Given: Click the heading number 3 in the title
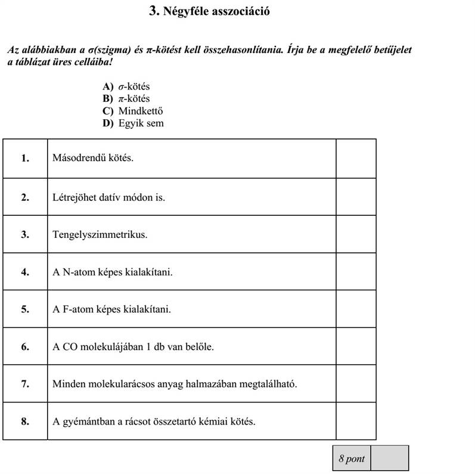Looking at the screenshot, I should pyautogui.click(x=153, y=11).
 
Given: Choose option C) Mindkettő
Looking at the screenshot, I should pyautogui.click(x=132, y=111).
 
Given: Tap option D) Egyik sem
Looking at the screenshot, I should pyautogui.click(x=132, y=123).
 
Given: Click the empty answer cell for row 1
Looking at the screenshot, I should pyautogui.click(x=356, y=159).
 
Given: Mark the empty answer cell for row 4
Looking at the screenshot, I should pyautogui.click(x=356, y=272).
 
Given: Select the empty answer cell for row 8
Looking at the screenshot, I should pyautogui.click(x=356, y=422).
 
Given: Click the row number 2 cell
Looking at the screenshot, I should pyautogui.click(x=25, y=197).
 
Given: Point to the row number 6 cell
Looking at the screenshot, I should pyautogui.click(x=25, y=346).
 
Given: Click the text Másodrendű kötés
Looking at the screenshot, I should pyautogui.click(x=93, y=159).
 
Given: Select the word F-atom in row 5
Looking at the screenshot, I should pyautogui.click(x=76, y=309).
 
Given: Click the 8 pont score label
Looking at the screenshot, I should pyautogui.click(x=352, y=458).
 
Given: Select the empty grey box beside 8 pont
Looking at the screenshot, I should pyautogui.click(x=389, y=458).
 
